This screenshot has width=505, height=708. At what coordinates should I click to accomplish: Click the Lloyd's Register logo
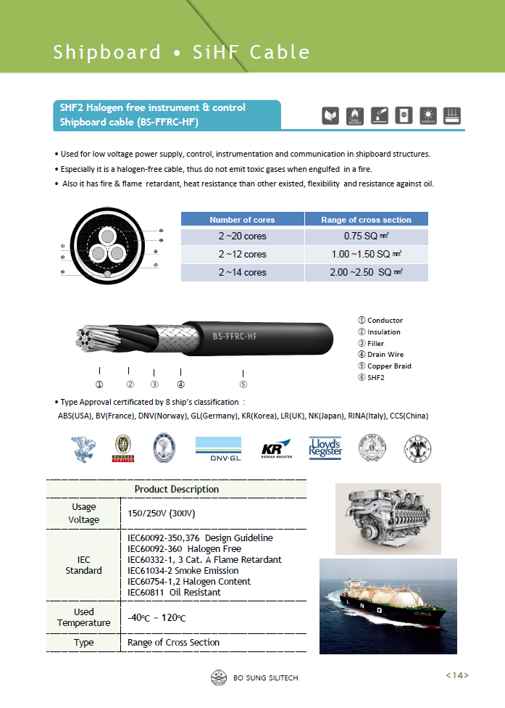[x=325, y=448]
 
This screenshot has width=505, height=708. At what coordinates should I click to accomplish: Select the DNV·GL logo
[x=217, y=449]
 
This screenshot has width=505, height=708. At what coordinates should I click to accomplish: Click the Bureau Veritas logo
[x=123, y=449]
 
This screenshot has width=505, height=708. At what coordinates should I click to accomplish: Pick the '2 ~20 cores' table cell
[x=242, y=236]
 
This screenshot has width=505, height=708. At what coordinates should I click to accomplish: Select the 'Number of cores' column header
[x=242, y=220]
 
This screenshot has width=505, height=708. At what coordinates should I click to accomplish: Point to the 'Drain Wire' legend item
[x=385, y=355]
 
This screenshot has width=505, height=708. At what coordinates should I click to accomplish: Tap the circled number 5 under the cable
[x=243, y=384]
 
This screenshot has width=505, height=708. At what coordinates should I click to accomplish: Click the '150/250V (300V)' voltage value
[x=162, y=514]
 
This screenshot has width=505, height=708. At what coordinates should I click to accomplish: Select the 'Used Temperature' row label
[x=83, y=617]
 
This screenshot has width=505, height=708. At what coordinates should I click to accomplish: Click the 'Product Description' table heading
[x=176, y=490]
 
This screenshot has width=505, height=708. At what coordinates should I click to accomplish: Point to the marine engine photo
[x=388, y=517]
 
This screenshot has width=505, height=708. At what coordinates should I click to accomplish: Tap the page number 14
[x=456, y=676]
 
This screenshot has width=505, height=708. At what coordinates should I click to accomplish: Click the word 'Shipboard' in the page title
[x=107, y=52]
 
